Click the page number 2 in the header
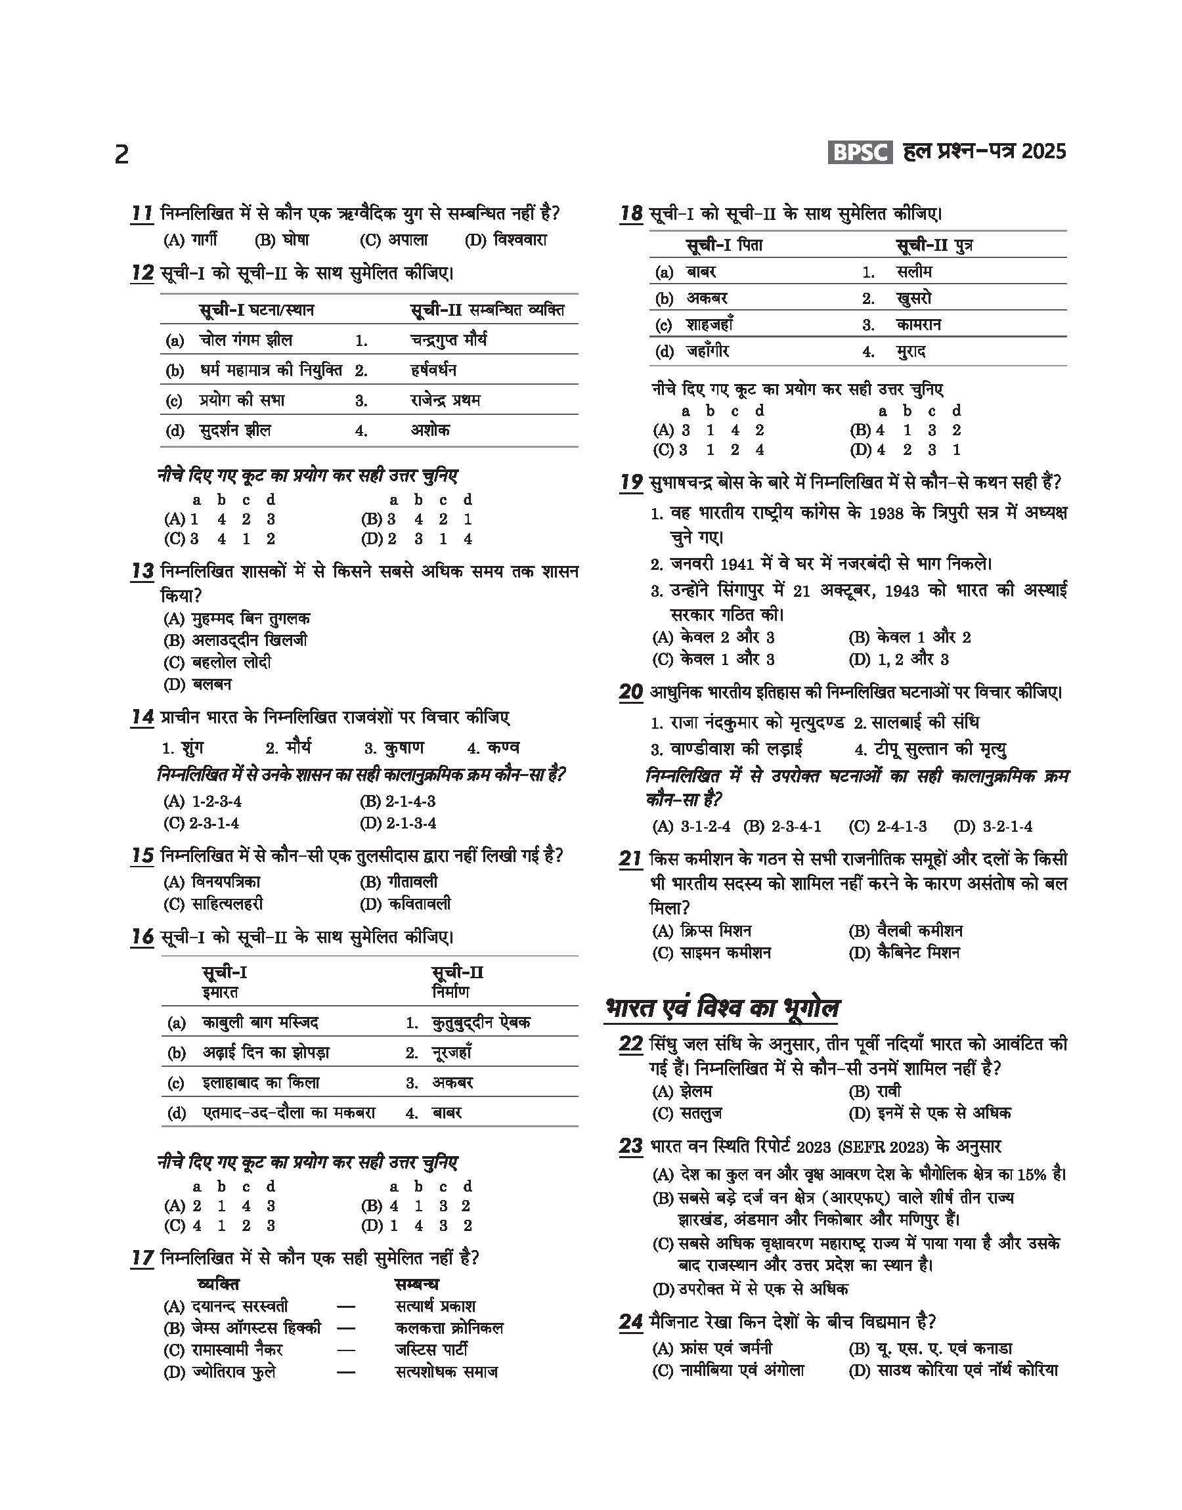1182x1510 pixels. tap(121, 154)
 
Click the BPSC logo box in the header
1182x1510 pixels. tap(860, 152)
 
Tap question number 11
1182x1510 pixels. tap(142, 213)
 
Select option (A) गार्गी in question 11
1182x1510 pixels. tap(191, 240)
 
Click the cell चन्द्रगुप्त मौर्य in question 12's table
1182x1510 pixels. tap(449, 339)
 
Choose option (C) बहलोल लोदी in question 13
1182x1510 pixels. tap(217, 662)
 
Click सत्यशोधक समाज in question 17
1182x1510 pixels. tap(447, 1371)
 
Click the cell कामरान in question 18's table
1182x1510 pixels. tap(918, 324)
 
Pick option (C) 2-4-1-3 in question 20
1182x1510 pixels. tap(888, 826)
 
